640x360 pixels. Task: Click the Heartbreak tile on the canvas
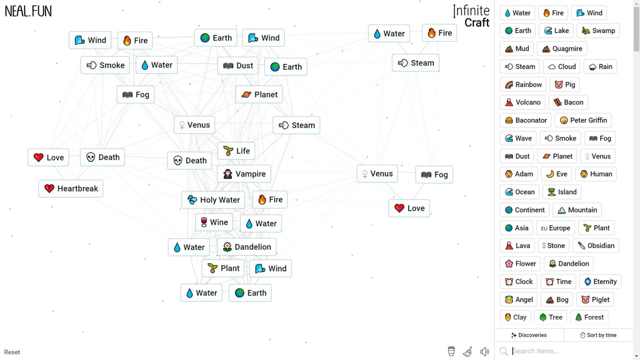(x=71, y=189)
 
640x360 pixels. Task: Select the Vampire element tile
(x=244, y=174)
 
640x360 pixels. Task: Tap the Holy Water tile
(x=213, y=200)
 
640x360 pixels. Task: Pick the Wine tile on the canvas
(x=214, y=222)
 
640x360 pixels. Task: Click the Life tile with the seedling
(x=236, y=150)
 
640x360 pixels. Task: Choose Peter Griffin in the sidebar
(x=583, y=120)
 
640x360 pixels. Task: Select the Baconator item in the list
(x=525, y=120)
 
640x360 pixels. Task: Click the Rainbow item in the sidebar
(x=523, y=85)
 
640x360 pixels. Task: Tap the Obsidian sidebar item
(x=596, y=246)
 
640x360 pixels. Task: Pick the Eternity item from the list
(x=600, y=282)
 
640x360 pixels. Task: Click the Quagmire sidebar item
(x=562, y=49)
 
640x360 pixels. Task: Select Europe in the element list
(x=555, y=228)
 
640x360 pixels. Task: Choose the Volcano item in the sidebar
(x=522, y=102)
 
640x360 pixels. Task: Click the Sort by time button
(x=598, y=335)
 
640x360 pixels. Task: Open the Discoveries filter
(x=529, y=335)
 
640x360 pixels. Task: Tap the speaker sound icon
(x=485, y=351)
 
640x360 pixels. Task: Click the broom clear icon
(x=468, y=351)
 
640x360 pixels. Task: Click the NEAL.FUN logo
(x=28, y=11)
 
